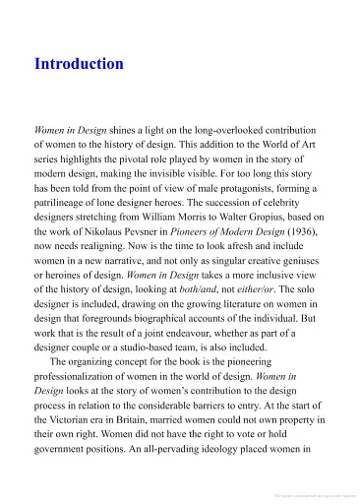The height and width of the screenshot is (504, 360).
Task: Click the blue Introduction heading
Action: pyautogui.click(x=79, y=65)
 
